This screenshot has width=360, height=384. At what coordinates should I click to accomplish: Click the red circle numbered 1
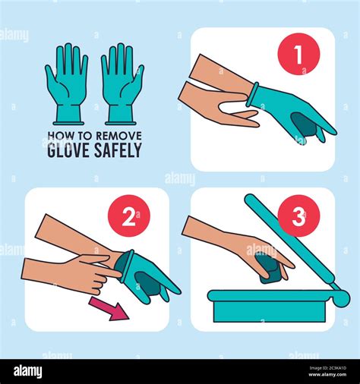pyautogui.click(x=298, y=55)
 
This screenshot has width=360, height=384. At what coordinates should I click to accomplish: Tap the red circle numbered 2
pyautogui.click(x=130, y=217)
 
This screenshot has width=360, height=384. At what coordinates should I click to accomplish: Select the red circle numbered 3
pyautogui.click(x=298, y=218)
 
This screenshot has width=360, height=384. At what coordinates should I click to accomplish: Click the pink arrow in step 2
pyautogui.click(x=109, y=307)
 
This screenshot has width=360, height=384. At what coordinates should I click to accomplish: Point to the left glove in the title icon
pyautogui.click(x=67, y=82)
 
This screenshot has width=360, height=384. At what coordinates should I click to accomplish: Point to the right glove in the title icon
pyautogui.click(x=122, y=82)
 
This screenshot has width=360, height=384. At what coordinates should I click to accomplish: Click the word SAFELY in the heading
pyautogui.click(x=119, y=150)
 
